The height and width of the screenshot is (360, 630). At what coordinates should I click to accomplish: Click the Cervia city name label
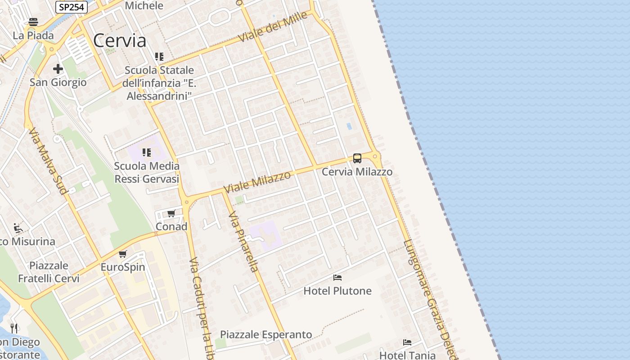[120, 41]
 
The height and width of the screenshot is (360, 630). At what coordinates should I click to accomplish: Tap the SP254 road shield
[72, 7]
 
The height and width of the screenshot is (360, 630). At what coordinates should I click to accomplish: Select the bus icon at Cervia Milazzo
[357, 158]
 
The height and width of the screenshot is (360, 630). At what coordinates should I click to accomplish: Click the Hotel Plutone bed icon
[337, 278]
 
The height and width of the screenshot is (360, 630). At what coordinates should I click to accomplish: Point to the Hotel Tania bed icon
[407, 342]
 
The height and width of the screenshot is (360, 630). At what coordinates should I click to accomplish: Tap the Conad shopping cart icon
[171, 213]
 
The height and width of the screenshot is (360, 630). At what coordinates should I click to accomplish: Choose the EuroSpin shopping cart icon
[123, 254]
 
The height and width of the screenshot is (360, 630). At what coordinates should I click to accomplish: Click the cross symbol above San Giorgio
[58, 69]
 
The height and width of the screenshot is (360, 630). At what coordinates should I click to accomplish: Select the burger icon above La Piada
[33, 22]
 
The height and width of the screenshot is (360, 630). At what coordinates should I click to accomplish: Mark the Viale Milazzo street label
[257, 182]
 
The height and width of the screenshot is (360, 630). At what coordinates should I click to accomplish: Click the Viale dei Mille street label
[273, 27]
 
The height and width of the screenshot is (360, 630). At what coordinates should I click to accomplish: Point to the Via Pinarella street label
[243, 242]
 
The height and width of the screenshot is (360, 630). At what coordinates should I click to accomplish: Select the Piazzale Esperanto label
[265, 335]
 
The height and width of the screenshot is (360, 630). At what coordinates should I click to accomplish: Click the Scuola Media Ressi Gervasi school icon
[147, 153]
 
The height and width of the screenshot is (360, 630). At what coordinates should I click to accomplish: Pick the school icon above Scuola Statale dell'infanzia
[159, 57]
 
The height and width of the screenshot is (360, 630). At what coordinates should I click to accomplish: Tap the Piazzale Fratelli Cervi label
[49, 272]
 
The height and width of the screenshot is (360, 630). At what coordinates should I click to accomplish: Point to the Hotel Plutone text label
[337, 291]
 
